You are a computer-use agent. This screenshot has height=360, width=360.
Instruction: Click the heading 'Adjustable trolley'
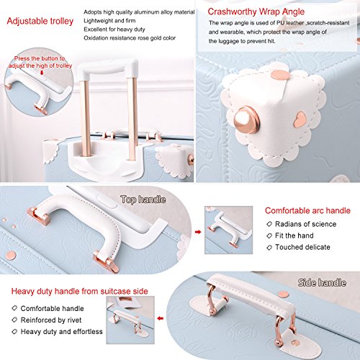pos(40,21)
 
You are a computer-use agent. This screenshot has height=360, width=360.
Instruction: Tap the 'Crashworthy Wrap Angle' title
pos(256,12)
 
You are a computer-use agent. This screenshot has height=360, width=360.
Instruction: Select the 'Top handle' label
pos(143,199)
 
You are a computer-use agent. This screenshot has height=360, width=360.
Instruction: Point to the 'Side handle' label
pos(322,282)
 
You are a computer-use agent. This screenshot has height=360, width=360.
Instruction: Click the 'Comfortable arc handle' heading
pos(307,210)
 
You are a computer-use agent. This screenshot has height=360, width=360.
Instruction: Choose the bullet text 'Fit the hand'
pos(294,235)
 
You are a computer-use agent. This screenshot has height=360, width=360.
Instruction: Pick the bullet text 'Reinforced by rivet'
pos(51,320)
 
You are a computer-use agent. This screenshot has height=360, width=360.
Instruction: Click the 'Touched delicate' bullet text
pos(302,247)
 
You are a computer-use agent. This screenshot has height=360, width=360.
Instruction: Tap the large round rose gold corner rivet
pos(246,120)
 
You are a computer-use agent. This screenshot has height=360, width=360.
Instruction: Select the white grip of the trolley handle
pos(108,68)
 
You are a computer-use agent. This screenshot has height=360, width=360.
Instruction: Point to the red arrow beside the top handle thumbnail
pos(198,232)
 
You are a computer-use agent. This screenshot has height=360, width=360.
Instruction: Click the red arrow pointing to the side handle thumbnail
pos(161,318)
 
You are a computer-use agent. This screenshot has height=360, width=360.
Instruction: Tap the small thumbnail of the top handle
pos(228,230)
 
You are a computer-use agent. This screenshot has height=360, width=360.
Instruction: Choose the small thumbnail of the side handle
pos(130,320)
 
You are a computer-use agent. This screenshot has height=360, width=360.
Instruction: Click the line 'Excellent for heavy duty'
pos(114,30)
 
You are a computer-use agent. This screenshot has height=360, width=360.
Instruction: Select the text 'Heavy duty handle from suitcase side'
pos(79,291)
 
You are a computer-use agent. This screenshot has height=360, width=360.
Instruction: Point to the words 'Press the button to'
pos(40,58)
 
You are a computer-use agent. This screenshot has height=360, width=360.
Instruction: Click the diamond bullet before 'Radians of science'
pos(269,224)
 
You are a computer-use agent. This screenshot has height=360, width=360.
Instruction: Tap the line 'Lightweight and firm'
pos(109,21)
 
